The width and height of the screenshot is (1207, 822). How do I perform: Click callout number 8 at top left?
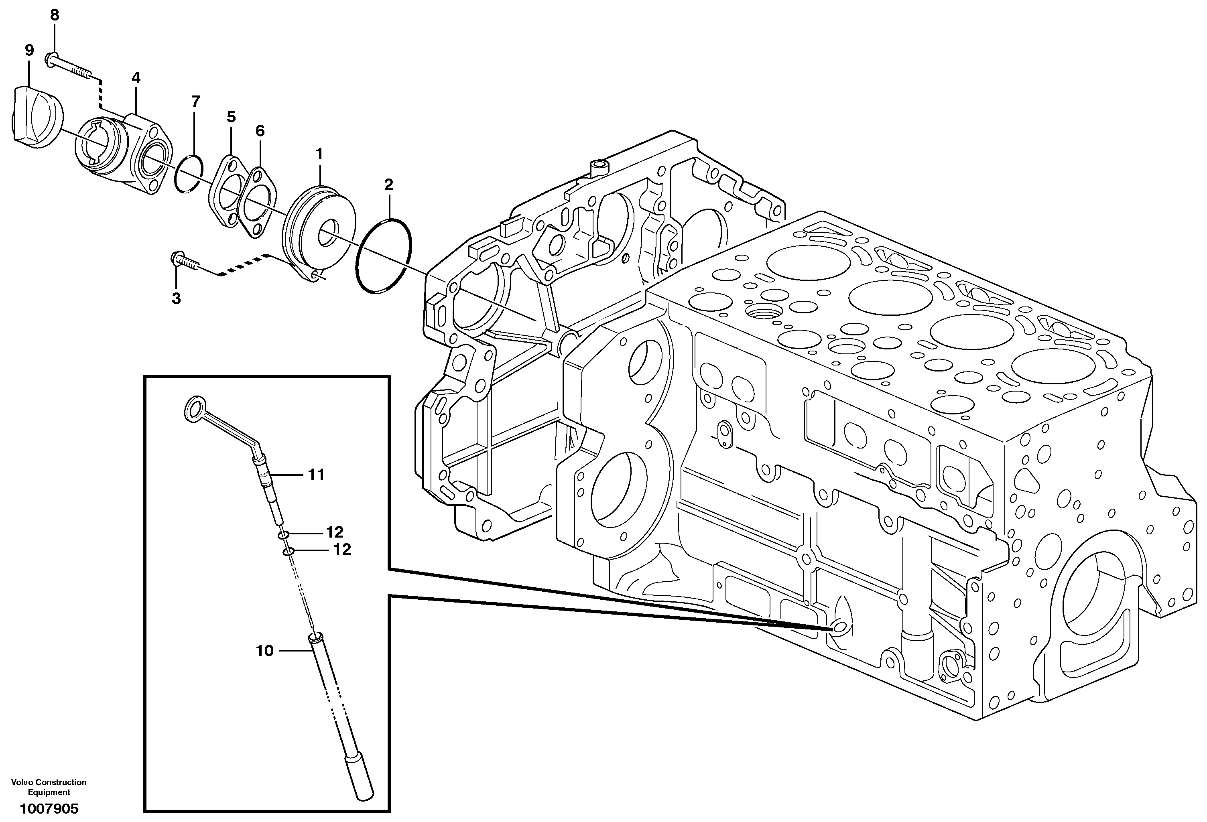(x=55, y=15)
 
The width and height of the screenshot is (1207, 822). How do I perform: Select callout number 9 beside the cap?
(x=29, y=51)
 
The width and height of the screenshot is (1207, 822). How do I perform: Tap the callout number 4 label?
(x=136, y=78)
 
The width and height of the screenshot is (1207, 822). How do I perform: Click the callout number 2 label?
(x=388, y=185)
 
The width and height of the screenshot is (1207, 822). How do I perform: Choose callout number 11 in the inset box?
(x=316, y=475)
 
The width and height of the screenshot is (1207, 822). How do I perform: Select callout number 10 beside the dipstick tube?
(x=265, y=651)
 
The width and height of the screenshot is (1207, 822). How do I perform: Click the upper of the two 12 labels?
(x=335, y=532)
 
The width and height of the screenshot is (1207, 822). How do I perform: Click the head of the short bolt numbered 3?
(x=177, y=258)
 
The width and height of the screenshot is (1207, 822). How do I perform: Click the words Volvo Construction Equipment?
(x=49, y=787)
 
